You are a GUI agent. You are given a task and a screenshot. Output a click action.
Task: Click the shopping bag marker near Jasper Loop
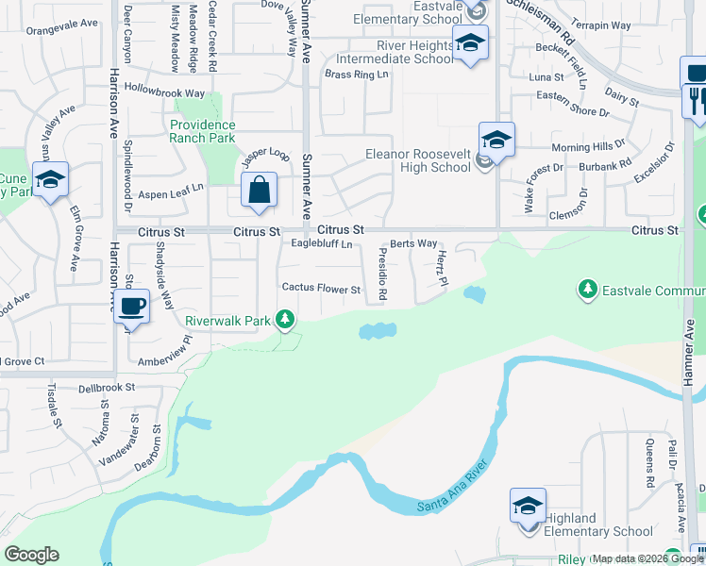pos(259,191)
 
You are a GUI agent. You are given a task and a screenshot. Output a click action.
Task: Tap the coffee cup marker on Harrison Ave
pos(134,307)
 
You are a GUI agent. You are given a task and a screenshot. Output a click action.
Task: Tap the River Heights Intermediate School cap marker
pos(469,43)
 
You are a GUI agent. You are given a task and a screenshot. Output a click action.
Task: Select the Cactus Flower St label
pos(321,289)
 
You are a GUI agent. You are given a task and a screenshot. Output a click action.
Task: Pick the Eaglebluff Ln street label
pos(321,244)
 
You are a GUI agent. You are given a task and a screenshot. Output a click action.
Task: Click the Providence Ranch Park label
pos(202,131)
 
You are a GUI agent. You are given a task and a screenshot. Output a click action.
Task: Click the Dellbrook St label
pos(108,387)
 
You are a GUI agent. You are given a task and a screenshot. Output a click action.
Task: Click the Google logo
pos(31,555)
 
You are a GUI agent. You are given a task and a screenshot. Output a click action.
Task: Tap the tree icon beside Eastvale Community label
pos(588,288)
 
